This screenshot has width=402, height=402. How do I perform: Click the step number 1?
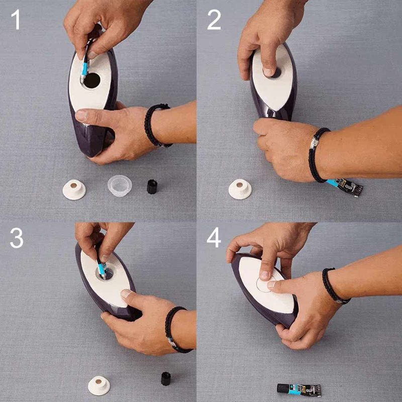point(16,20)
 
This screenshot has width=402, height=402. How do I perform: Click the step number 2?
point(214,20)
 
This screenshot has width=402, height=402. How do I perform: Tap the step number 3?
point(17,238)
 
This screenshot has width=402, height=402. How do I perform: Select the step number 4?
point(214,238)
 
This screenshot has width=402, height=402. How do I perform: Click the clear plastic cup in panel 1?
point(120,185)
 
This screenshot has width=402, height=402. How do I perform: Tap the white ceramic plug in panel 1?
point(74,189)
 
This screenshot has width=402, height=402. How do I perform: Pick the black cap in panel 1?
point(152,186)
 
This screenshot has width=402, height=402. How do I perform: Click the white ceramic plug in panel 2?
point(240,189)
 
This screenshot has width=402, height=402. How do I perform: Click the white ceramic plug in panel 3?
point(99,385)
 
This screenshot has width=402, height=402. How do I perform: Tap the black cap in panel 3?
point(166,378)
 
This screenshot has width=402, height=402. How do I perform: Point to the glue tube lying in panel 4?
point(299,390)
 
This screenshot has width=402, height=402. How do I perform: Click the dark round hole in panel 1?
point(92,80)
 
